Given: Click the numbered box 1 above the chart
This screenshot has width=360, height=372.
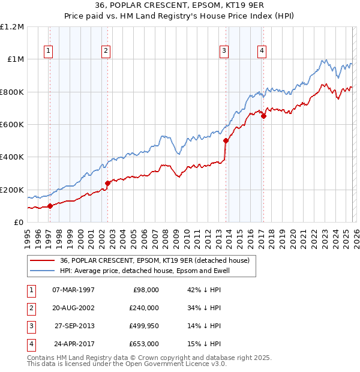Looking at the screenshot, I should point(48,52).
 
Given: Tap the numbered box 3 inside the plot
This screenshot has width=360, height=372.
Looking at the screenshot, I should point(223,52).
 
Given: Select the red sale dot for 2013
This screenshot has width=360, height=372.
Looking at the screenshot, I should point(226,141).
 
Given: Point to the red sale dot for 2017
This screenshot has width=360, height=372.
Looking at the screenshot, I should point(263,116).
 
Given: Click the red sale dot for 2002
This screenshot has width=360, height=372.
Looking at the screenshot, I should point(107,183).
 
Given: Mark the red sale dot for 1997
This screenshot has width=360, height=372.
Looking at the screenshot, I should point(50,206).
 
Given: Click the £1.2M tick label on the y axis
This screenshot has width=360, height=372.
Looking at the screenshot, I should point(12,27).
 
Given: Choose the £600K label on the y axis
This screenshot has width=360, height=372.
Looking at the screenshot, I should point(12,124).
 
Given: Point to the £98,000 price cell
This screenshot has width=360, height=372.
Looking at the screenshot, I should point(145,290).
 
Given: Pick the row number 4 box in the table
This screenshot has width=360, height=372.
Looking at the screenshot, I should point(29,344).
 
